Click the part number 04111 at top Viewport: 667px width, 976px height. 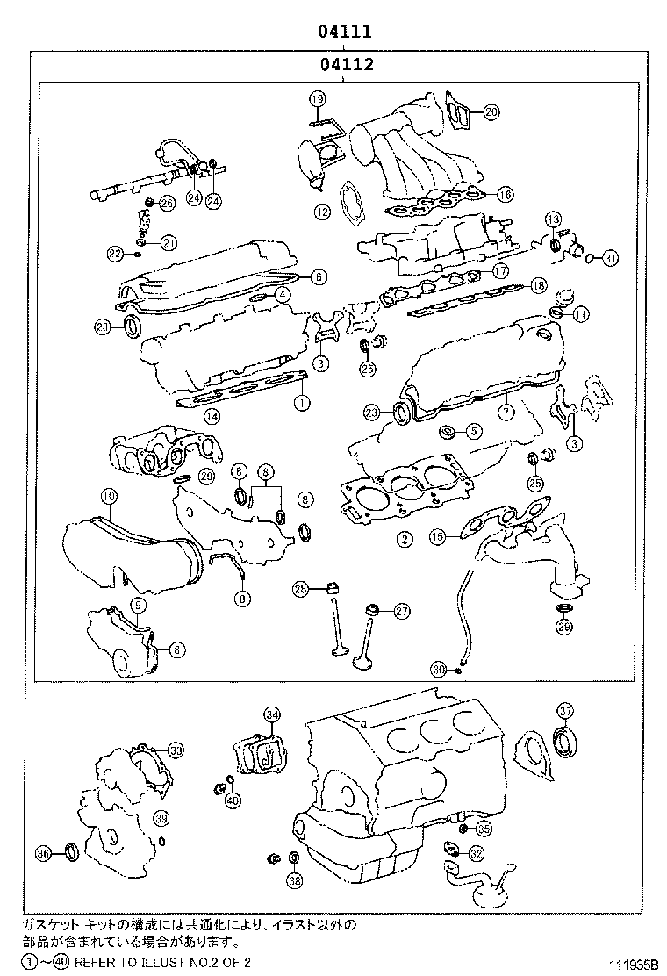pos(346,32)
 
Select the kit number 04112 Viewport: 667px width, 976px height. pos(346,64)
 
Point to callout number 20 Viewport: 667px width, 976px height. pos(491,111)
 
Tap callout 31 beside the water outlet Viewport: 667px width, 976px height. pos(610,257)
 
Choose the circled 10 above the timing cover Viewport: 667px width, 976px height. pos(107,497)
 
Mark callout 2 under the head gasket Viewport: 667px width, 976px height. pos(404,539)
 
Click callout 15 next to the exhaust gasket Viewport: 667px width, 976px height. pos(437,535)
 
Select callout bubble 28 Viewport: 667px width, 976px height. pos(300,588)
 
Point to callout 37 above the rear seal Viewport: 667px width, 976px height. pos(565,710)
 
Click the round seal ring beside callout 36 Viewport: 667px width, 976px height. pos(71,851)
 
